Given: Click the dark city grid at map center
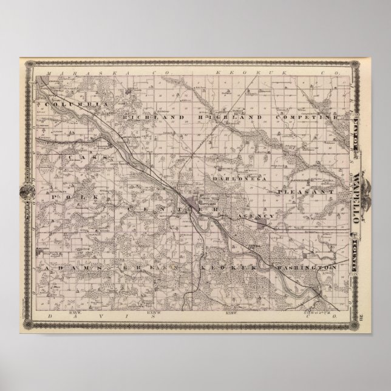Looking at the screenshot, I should [197, 203].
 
